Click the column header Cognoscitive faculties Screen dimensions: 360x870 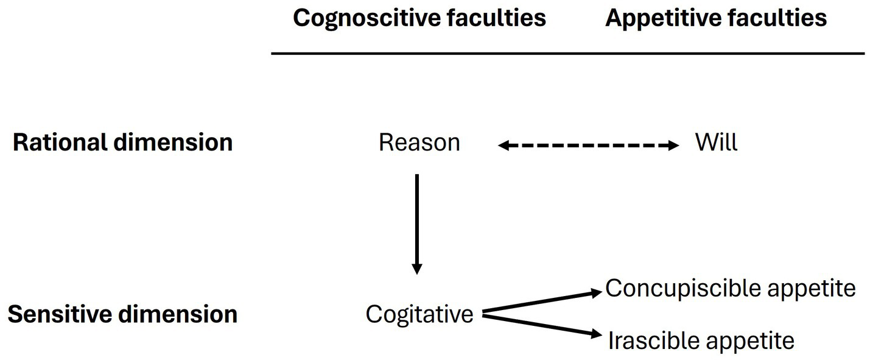[419, 18]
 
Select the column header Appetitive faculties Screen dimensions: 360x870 [716, 18]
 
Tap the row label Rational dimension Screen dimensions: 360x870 [122, 143]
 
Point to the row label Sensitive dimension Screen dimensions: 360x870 [122, 314]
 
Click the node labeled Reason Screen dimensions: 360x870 [419, 143]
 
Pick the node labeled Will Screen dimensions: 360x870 [716, 143]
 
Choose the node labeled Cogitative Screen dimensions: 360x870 [419, 314]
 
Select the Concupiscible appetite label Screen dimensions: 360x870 [730, 288]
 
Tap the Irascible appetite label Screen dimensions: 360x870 [701, 341]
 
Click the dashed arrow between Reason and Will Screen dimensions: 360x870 [588, 146]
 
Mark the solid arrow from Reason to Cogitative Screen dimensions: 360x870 [416, 219]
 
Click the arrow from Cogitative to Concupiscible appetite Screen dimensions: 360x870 [542, 303]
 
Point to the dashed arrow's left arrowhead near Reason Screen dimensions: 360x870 [503, 146]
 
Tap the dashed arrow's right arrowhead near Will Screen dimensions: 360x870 [673, 146]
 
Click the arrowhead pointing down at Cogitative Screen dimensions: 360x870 [416, 269]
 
